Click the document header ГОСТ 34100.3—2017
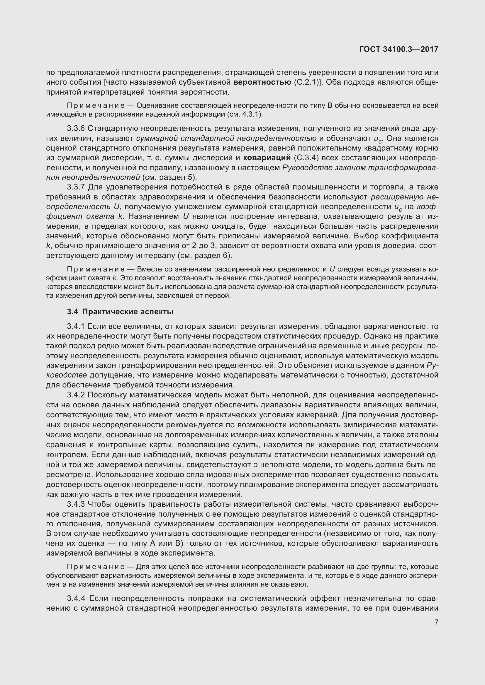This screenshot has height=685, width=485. (x=399, y=49)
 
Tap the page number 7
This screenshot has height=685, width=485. (x=436, y=622)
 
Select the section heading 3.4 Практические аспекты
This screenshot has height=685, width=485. (x=120, y=312)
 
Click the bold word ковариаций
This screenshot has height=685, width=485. (x=267, y=158)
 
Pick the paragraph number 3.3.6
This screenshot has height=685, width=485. (x=76, y=128)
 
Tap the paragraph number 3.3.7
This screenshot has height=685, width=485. (x=76, y=187)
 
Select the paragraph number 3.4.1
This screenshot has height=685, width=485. (x=76, y=326)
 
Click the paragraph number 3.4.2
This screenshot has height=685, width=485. (x=76, y=395)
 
